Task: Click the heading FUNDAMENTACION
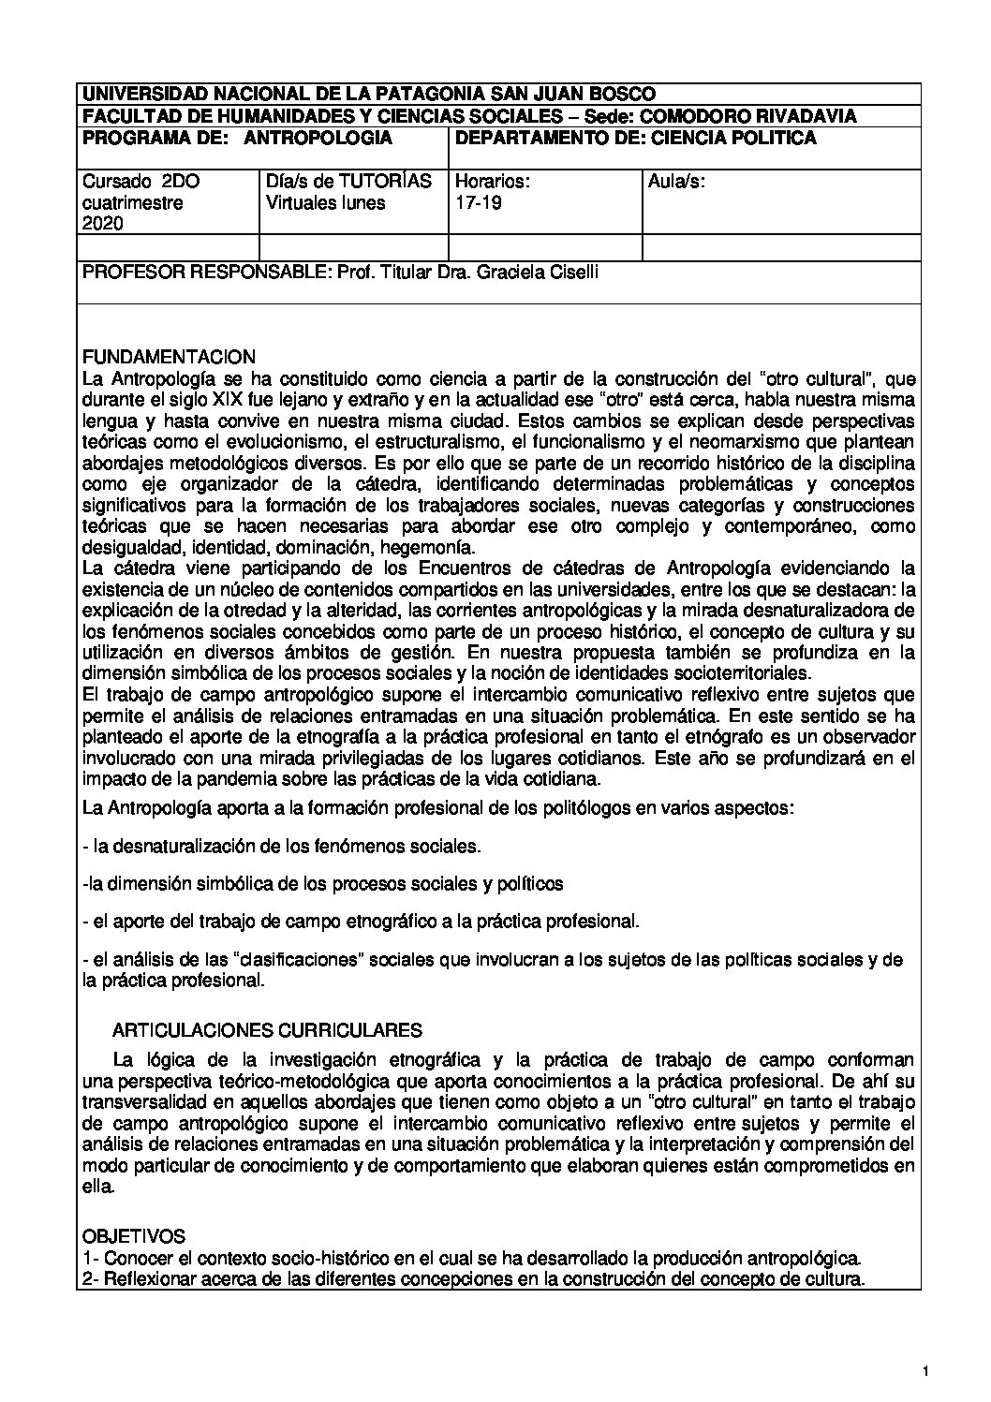tap(169, 357)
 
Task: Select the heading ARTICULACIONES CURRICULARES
tap(267, 1030)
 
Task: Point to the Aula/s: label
tap(676, 181)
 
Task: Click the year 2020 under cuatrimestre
tap(102, 223)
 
